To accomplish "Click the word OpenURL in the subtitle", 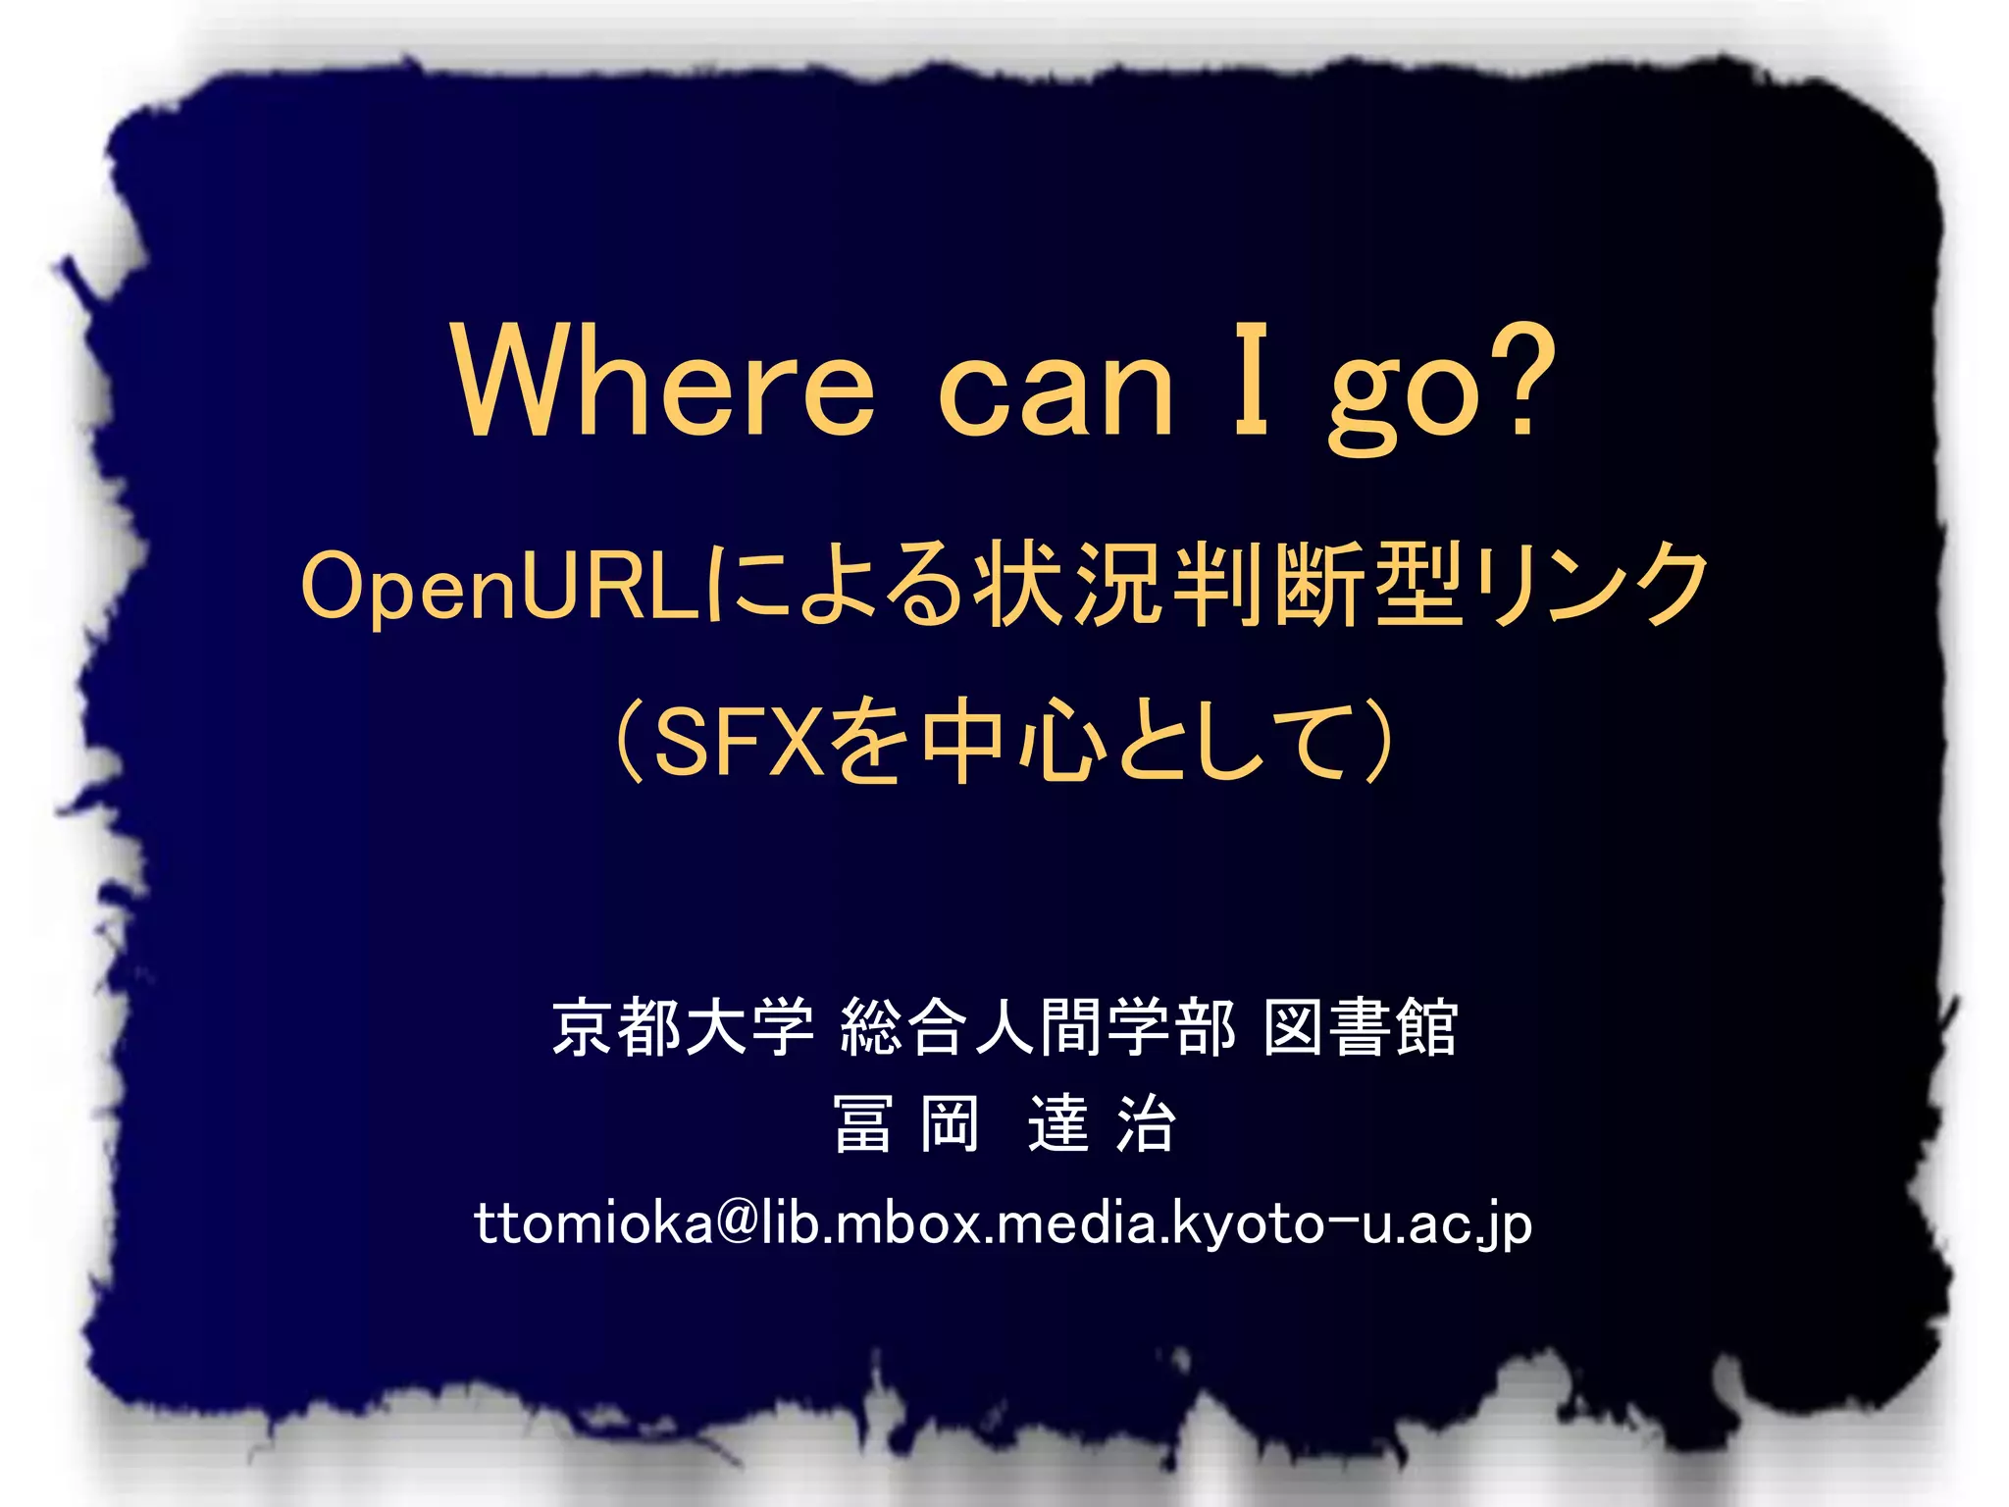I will pos(500,587).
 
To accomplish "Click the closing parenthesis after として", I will pos(1377,742).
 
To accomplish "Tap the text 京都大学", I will pos(683,1028).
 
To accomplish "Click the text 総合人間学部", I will pos(1038,1028).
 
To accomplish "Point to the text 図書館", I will pos(1360,1028).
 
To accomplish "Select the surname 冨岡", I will pos(905,1124).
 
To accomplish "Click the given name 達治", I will pos(1102,1124).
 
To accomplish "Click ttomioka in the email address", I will pos(593,1223).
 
